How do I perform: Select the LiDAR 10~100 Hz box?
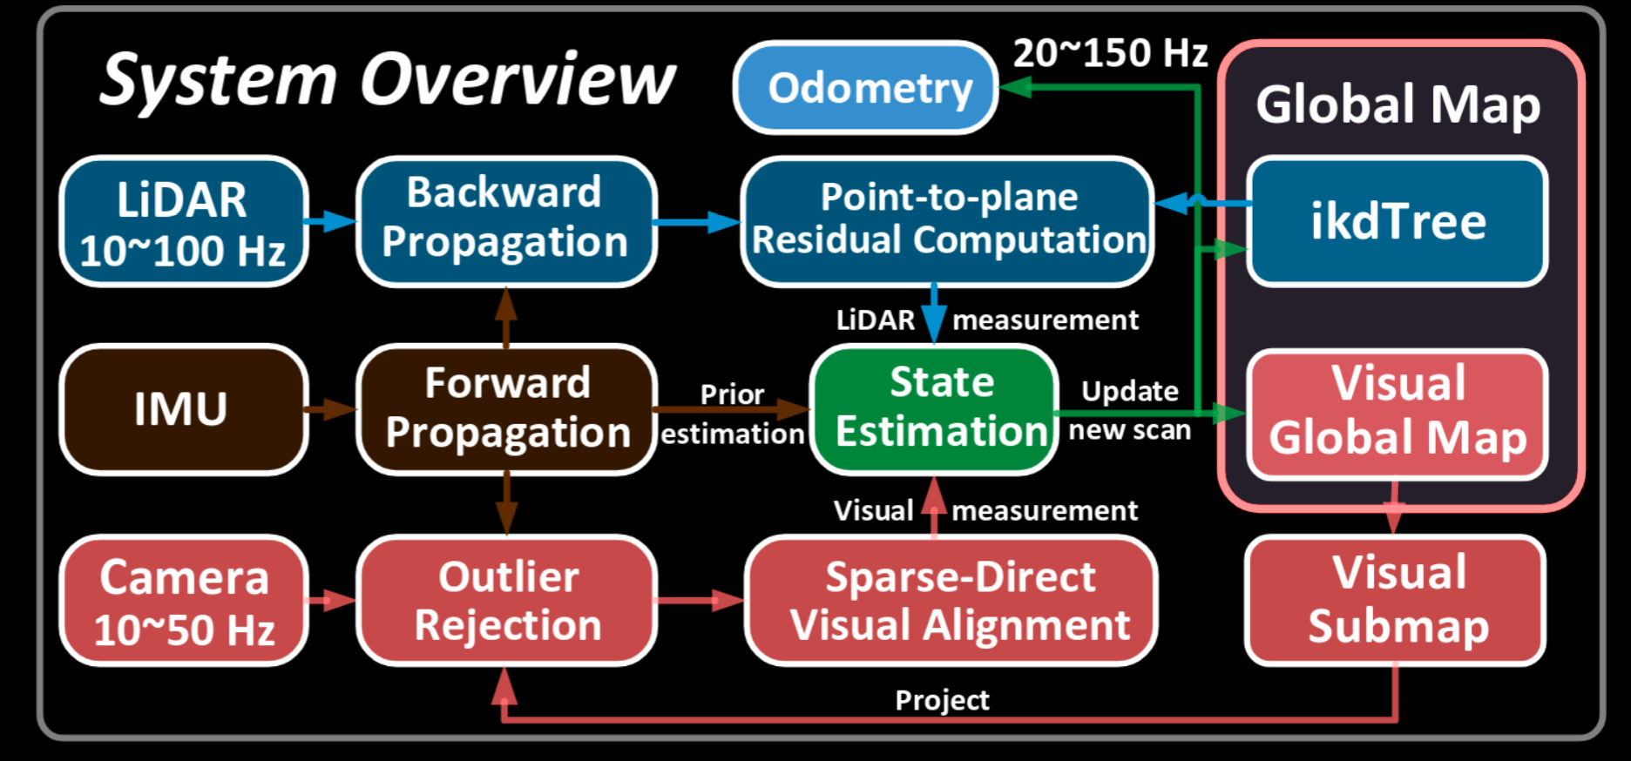[x=183, y=222]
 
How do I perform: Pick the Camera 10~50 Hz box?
[x=183, y=601]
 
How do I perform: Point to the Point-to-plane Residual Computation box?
[x=948, y=220]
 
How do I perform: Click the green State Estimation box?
[x=934, y=408]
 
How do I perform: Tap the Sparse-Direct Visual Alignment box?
[x=951, y=601]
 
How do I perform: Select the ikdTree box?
[x=1397, y=220]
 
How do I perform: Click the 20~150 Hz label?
[x=1110, y=54]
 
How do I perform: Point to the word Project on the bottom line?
[x=942, y=700]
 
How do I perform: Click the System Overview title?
[x=387, y=80]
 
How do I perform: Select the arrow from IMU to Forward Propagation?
[x=332, y=408]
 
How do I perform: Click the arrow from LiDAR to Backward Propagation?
[x=331, y=221]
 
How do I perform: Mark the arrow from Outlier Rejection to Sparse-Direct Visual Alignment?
[x=700, y=600]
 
